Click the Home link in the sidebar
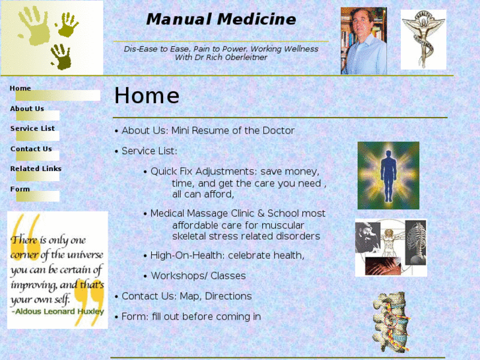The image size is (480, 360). [20, 89]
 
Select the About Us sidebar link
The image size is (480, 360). [27, 109]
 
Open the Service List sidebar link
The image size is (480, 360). [33, 129]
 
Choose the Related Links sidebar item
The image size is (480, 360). [36, 169]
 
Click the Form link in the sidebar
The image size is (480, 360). [20, 190]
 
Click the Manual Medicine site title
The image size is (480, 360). [221, 20]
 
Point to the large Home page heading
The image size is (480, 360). [147, 96]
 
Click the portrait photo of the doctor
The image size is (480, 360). [363, 41]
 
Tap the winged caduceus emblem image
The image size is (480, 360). [423, 40]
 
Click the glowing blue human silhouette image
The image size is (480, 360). [388, 175]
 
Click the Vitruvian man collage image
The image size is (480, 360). [391, 248]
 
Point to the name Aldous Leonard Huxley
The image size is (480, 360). [57, 311]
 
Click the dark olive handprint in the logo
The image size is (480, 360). [61, 57]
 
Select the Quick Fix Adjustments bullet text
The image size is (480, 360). [234, 171]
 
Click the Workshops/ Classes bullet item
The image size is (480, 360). [198, 276]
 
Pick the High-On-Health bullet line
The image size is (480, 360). [227, 256]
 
